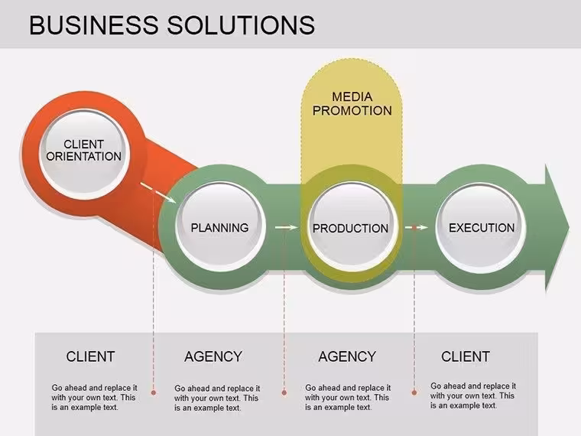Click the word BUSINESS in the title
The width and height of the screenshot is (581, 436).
click(94, 25)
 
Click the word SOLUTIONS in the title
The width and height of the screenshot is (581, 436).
click(241, 25)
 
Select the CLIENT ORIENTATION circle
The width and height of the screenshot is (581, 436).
click(84, 151)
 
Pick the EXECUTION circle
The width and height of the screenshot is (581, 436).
click(481, 226)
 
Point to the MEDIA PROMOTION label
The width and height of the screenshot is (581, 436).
click(352, 104)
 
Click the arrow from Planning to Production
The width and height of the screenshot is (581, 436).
click(286, 227)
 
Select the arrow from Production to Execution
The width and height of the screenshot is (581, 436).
click(417, 227)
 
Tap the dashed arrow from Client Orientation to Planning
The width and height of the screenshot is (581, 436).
click(157, 193)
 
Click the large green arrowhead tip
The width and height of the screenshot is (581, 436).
click(569, 227)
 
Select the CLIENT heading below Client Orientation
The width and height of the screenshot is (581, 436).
click(90, 356)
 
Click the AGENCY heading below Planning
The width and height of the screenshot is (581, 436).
click(213, 356)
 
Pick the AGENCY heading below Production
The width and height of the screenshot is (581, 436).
click(347, 356)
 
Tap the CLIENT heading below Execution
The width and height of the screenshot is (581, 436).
click(466, 356)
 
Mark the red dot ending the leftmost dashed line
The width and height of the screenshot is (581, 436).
click(154, 392)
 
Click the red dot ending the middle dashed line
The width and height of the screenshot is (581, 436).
click(284, 392)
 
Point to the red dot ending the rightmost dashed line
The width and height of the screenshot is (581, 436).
click(414, 392)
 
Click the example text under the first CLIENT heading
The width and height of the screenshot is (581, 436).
click(94, 398)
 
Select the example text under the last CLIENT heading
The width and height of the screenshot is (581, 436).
click(473, 396)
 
